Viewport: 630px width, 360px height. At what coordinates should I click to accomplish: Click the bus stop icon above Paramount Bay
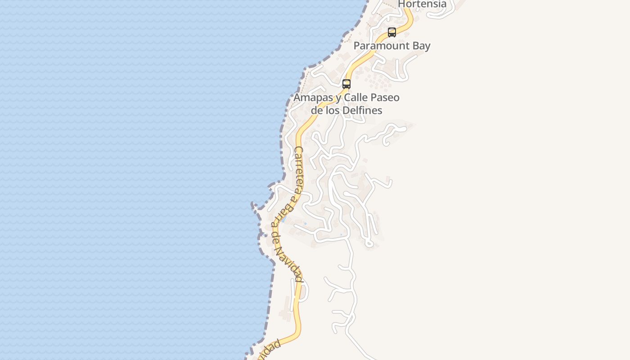[x=392, y=32]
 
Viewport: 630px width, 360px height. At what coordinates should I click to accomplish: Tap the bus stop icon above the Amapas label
[x=346, y=84]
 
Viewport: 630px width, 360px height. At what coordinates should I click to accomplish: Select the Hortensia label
[x=422, y=4]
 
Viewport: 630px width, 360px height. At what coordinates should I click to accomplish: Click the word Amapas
[x=313, y=98]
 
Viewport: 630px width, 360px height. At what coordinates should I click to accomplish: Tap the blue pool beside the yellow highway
[x=284, y=220]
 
